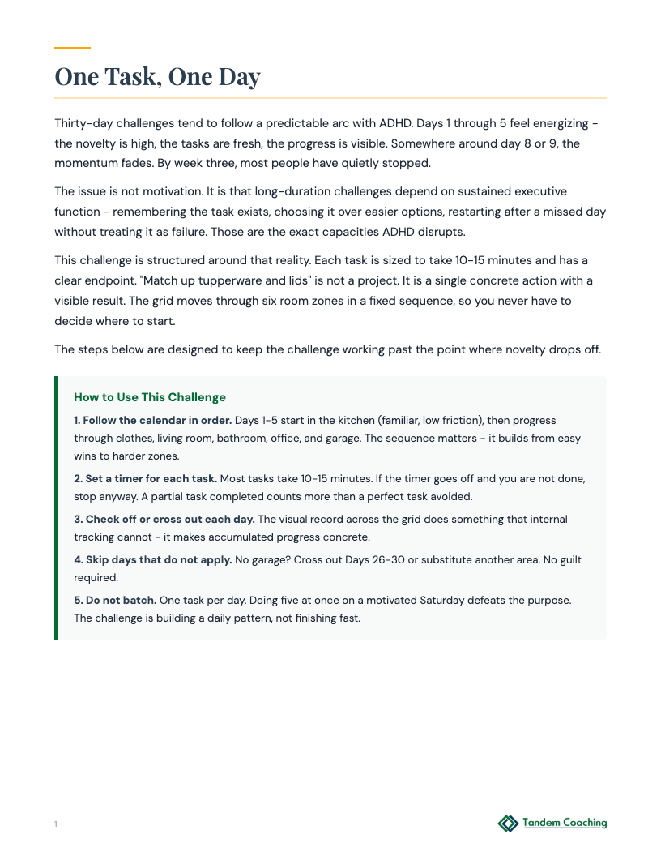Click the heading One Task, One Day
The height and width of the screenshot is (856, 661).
[157, 76]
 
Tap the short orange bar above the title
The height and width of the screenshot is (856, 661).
[72, 49]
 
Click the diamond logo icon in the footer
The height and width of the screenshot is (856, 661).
[508, 824]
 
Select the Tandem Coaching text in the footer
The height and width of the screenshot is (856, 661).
[565, 823]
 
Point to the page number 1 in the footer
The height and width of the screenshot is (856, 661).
[56, 824]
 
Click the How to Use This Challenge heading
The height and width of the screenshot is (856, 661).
[150, 397]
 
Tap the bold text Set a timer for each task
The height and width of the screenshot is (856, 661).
[151, 478]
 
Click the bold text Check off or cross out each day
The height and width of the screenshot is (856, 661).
[170, 519]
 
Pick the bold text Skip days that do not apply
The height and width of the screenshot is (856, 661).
[159, 560]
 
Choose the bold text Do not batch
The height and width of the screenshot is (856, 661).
[121, 601]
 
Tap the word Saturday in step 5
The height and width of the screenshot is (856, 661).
[442, 601]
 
